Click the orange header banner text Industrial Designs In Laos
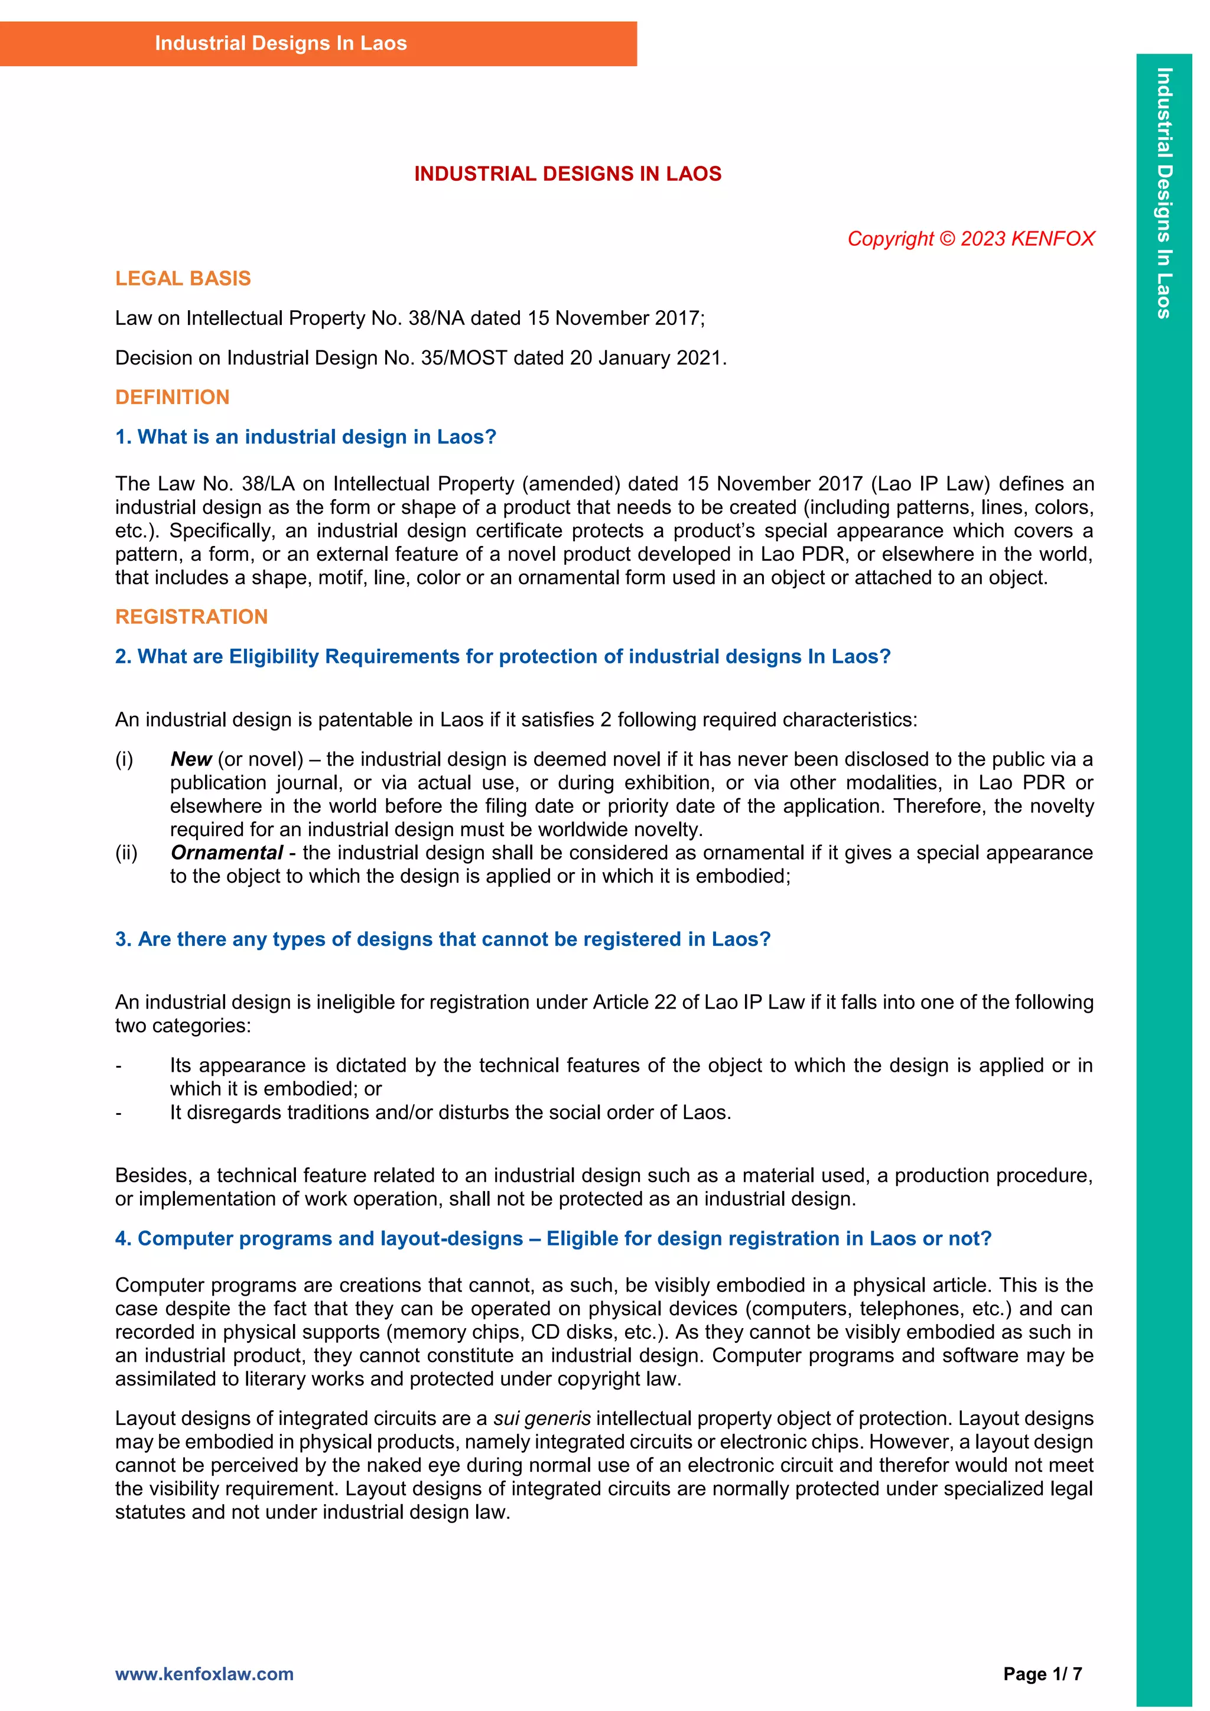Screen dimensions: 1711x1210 280,43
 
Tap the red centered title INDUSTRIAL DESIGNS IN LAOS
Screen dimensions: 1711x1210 568,174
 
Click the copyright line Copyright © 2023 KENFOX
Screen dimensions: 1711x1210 970,239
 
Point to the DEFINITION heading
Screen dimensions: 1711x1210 172,397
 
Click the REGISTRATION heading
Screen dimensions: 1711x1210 191,616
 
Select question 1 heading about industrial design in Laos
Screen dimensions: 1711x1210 305,437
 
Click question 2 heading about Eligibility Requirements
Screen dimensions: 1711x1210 503,656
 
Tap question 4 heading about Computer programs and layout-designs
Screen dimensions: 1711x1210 553,1238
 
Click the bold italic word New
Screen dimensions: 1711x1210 191,759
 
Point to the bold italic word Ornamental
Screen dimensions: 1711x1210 226,853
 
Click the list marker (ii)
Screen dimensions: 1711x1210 126,853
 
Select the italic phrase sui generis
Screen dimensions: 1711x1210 542,1418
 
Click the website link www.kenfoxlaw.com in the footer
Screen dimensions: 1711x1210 204,1674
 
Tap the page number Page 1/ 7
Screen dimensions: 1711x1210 1042,1674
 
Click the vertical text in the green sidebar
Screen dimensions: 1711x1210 1164,194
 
